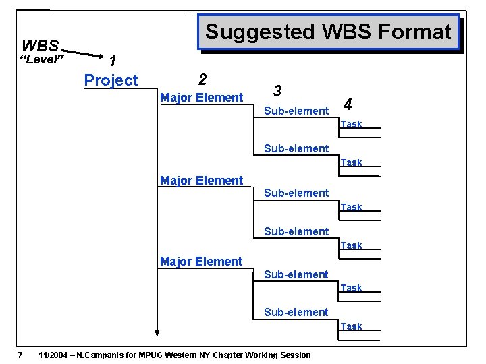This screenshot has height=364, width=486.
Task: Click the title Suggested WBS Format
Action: pos(328,32)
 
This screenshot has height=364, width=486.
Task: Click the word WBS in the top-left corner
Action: pos(40,46)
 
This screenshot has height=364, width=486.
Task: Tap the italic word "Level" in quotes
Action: pos(42,61)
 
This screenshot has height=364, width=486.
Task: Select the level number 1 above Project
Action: pos(113,61)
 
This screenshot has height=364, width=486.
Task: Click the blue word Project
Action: pos(111,80)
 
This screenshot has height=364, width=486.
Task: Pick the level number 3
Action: pos(277,90)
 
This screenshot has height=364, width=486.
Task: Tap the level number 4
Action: pos(348,104)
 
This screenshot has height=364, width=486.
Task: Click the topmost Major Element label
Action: pos(201,98)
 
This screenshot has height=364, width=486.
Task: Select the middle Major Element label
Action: pos(201,180)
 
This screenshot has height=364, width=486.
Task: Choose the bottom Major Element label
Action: pos(201,261)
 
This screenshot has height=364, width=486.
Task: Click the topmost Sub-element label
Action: pos(296,111)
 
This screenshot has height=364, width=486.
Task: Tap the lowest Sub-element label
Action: pos(296,312)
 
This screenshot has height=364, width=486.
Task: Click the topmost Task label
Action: pos(351,124)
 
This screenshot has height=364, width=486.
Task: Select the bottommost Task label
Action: pos(351,326)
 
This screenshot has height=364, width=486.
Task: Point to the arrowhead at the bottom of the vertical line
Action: pos(157,331)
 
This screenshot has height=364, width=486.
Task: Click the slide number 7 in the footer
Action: pos(21,355)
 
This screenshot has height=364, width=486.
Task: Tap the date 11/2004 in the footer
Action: pos(56,355)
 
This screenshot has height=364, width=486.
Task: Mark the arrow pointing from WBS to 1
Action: pos(84,53)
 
